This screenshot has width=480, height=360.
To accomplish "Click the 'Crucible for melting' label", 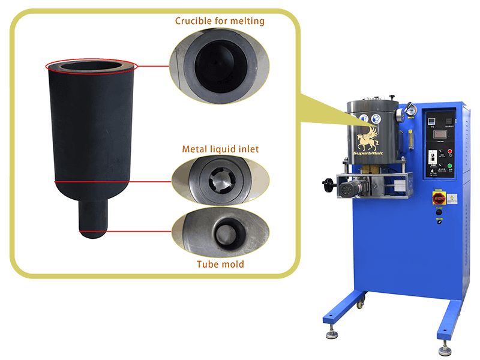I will point(220,21).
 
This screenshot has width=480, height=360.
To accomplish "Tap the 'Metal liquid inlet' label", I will point(220,148).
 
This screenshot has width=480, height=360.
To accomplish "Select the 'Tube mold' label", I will point(220,263).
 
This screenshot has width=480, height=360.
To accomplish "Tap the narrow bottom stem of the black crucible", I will point(93,219).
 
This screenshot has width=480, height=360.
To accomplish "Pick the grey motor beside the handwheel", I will point(349,190).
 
